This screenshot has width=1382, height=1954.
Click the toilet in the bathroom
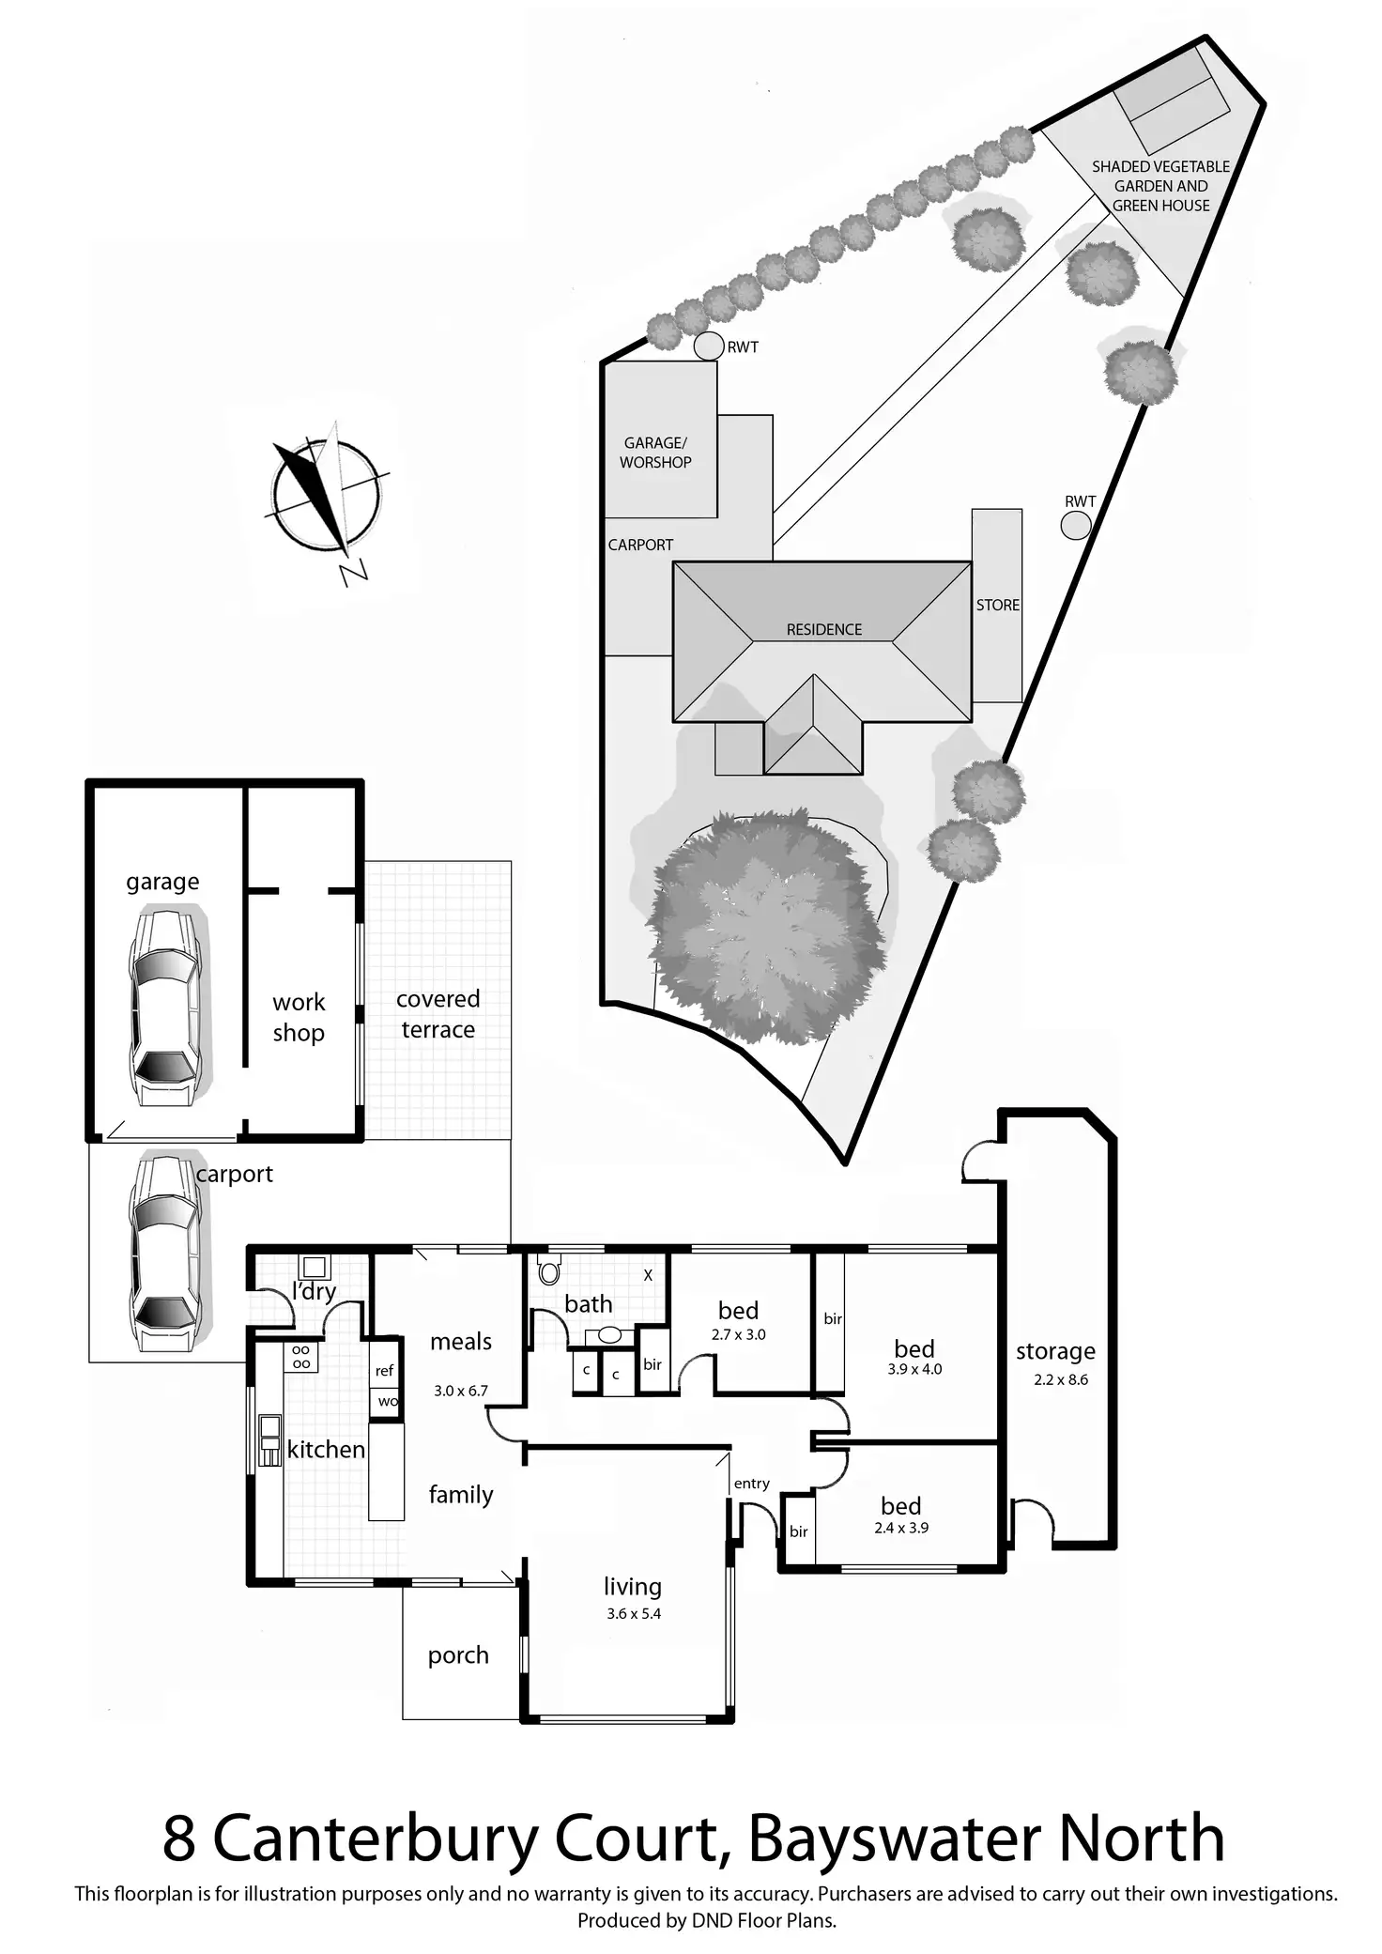(x=549, y=1272)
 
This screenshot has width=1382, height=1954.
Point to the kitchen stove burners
(x=301, y=1357)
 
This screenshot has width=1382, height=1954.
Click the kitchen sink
(x=269, y=1439)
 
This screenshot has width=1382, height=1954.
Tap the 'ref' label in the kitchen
(x=384, y=1371)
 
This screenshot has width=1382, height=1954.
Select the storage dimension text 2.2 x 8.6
(x=1060, y=1379)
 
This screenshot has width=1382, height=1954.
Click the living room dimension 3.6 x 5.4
(x=634, y=1613)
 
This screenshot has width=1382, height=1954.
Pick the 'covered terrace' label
(x=438, y=1014)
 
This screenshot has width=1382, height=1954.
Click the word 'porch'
(x=458, y=1654)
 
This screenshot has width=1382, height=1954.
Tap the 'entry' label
(x=751, y=1484)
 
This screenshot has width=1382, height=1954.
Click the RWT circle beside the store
(x=1076, y=525)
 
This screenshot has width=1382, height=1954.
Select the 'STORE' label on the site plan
(x=997, y=606)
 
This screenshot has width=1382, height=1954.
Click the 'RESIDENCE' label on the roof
(x=823, y=630)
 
